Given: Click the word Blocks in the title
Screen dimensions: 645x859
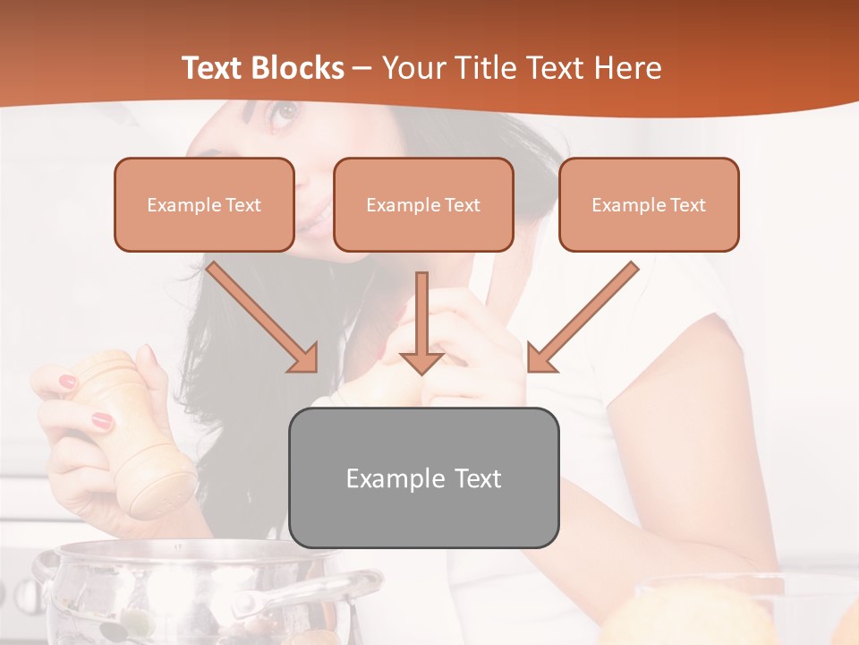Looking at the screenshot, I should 298,68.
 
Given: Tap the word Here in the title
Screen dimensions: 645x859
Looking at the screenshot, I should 627,68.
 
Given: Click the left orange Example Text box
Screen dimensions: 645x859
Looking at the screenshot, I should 204,205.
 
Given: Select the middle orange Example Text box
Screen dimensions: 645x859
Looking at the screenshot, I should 423,205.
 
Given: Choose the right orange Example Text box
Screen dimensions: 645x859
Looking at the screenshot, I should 649,205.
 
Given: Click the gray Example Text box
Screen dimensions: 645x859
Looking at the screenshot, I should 423,477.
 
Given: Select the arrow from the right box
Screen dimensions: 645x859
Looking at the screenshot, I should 583,317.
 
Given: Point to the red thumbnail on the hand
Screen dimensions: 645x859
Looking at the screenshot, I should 102,419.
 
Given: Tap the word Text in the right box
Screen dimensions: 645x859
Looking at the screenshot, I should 687,205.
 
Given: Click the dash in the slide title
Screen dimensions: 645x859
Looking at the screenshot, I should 362,68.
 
